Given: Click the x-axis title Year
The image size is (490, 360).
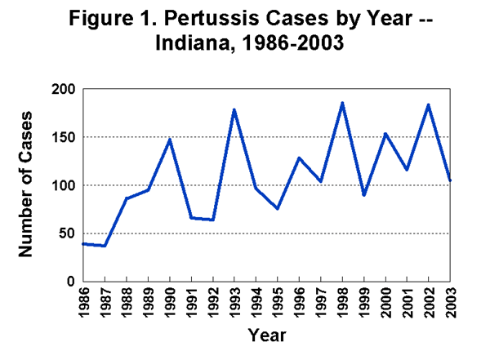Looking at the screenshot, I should pos(267,334).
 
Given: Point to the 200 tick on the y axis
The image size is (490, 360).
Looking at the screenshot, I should pos(65,89).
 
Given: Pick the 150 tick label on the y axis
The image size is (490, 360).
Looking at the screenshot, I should pos(65,137).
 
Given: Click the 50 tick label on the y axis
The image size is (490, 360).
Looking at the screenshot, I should pos(69,233).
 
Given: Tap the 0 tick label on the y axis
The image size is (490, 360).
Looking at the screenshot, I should pos(72,282).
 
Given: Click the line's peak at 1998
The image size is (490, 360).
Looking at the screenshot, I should pos(342,103).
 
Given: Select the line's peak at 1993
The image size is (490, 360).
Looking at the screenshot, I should pos(234,109).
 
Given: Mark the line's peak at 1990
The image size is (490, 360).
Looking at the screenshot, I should pos(169,140).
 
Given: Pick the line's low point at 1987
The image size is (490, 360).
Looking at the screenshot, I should pos(105,246).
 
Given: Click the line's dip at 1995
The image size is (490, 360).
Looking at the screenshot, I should pos(278,209).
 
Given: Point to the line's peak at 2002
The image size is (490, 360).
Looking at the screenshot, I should pos(429,104).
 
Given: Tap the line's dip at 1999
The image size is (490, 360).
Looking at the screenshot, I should pos(364,195).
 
